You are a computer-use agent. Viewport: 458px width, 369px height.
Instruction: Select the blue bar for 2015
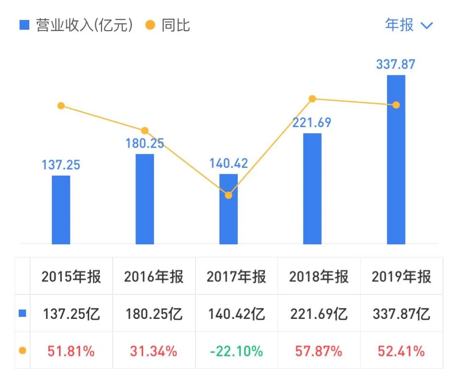pos(61,210)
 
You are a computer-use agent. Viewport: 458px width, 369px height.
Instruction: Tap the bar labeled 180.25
pos(145,199)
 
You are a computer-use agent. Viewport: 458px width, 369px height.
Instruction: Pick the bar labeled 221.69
pos(312,189)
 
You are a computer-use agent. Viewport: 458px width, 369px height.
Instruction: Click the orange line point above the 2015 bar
pos(61,106)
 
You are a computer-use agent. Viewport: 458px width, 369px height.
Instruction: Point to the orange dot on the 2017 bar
pos(229,196)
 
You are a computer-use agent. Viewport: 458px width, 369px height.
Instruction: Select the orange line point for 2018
pos(312,99)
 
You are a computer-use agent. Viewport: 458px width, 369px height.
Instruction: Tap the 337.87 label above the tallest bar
pos(396,65)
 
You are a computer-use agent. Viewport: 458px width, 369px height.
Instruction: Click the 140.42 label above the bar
pos(229,163)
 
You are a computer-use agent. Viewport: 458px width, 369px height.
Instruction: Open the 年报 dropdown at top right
pos(409,25)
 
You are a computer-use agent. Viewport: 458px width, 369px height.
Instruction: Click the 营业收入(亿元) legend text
pos(84,25)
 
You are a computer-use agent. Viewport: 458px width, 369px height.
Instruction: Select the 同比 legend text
pos(176,25)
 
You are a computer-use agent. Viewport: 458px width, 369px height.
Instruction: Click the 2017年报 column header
pos(236,277)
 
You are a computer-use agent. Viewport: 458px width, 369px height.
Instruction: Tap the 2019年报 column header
pos(401,277)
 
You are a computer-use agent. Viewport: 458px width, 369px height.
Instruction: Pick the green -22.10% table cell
pos(236,351)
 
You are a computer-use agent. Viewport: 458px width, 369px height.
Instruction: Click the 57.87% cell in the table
pos(319,351)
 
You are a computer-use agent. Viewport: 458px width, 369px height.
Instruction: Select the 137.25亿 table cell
pos(71,314)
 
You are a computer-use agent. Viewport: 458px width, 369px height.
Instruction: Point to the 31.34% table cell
pos(154,351)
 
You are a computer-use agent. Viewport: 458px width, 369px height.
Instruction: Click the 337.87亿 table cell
pos(401,314)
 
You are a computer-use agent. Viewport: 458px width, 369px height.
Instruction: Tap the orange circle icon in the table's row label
pos(22,351)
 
